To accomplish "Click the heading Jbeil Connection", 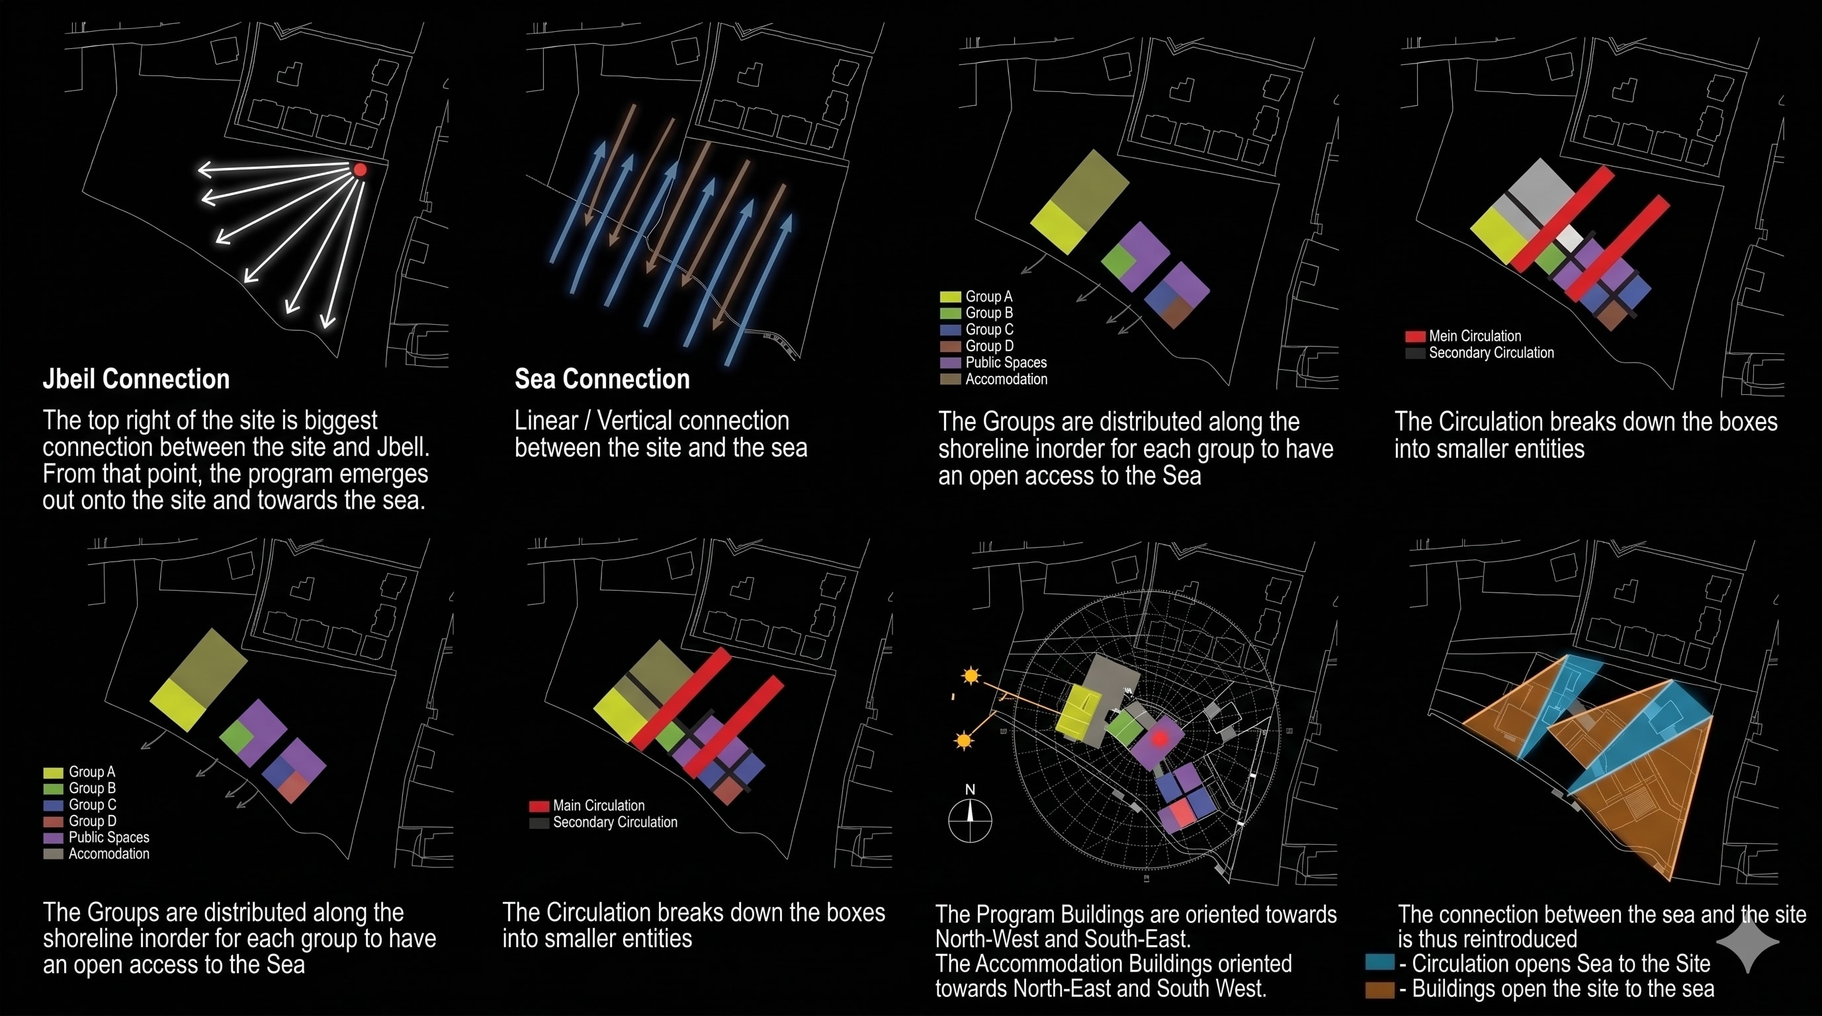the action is pyautogui.click(x=136, y=379).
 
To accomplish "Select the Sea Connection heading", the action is pyautogui.click(x=602, y=379).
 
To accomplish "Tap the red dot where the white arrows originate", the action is pyautogui.click(x=360, y=170).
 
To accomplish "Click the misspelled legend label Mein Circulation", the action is pyautogui.click(x=1475, y=336).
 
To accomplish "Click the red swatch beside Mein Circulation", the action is pyautogui.click(x=1414, y=337).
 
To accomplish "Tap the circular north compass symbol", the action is pyautogui.click(x=970, y=820).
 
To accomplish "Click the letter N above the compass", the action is pyautogui.click(x=970, y=789).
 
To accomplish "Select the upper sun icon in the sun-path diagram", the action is pyautogui.click(x=971, y=676).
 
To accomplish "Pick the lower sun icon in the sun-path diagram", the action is pyautogui.click(x=963, y=740).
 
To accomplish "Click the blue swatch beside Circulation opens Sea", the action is pyautogui.click(x=1380, y=962).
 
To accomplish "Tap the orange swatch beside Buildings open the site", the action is pyautogui.click(x=1380, y=989).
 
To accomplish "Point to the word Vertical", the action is pyautogui.click(x=693, y=421).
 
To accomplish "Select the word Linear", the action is pyautogui.click(x=546, y=421).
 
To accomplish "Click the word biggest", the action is pyautogui.click(x=341, y=421).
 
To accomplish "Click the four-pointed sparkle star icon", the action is pyautogui.click(x=1748, y=942).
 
